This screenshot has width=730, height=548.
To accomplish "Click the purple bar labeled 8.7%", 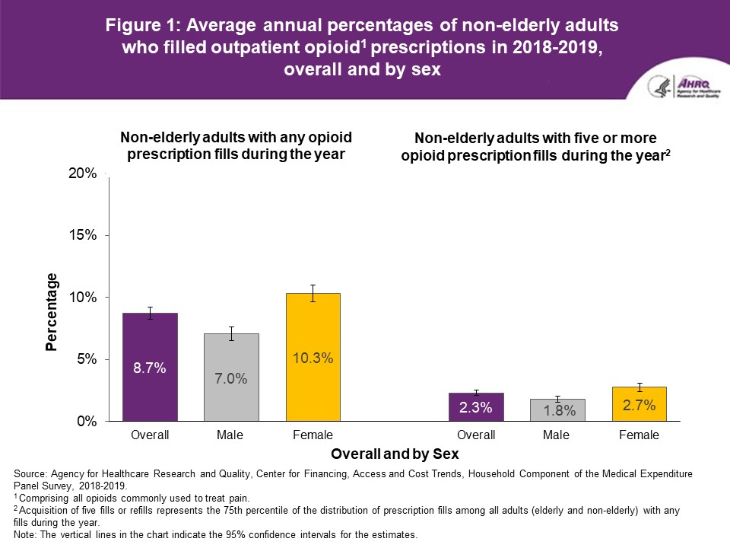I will click(149, 367).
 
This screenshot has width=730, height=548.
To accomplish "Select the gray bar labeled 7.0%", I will click(231, 378).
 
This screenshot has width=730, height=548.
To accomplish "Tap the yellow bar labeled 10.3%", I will click(313, 357).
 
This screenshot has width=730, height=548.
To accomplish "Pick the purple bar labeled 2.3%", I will click(476, 407).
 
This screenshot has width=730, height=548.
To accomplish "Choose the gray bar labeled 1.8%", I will click(557, 409).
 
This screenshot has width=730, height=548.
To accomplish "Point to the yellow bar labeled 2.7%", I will click(639, 404).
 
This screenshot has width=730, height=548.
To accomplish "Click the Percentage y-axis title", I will click(52, 311).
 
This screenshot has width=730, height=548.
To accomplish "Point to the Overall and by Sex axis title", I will click(395, 454).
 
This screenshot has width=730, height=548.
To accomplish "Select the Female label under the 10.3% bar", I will click(313, 435).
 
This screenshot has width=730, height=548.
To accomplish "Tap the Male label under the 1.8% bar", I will click(557, 435).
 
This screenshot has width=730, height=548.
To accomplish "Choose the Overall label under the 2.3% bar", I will click(476, 435).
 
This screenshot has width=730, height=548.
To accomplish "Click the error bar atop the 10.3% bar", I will click(313, 293).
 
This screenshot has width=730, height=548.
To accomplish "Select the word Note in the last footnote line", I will click(25, 535).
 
